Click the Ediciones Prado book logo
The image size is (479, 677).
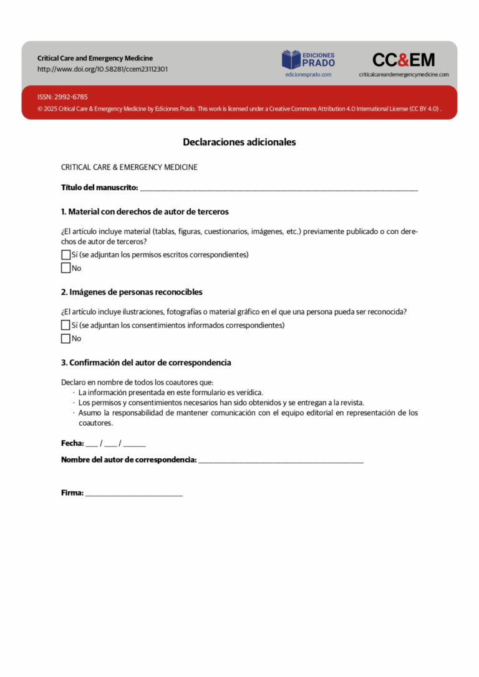click(291, 60)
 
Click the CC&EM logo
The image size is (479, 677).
click(404, 60)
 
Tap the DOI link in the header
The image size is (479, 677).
click(102, 69)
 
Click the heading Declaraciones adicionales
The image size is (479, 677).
click(239, 142)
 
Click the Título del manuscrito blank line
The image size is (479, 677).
click(279, 188)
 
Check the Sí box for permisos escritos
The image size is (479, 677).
click(65, 255)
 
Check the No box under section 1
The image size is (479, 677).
click(65, 268)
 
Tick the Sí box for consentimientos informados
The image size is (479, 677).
click(65, 325)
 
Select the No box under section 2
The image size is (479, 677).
click(65, 338)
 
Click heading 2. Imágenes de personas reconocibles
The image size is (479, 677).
click(132, 292)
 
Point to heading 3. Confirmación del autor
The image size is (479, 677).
click(146, 363)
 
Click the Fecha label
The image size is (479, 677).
click(72, 443)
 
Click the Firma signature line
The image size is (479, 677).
click(134, 494)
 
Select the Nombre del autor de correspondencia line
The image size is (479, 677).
click(281, 461)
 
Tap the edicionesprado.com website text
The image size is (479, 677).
click(308, 74)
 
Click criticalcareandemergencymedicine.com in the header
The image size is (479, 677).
click(404, 74)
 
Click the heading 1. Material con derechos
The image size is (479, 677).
click(145, 211)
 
